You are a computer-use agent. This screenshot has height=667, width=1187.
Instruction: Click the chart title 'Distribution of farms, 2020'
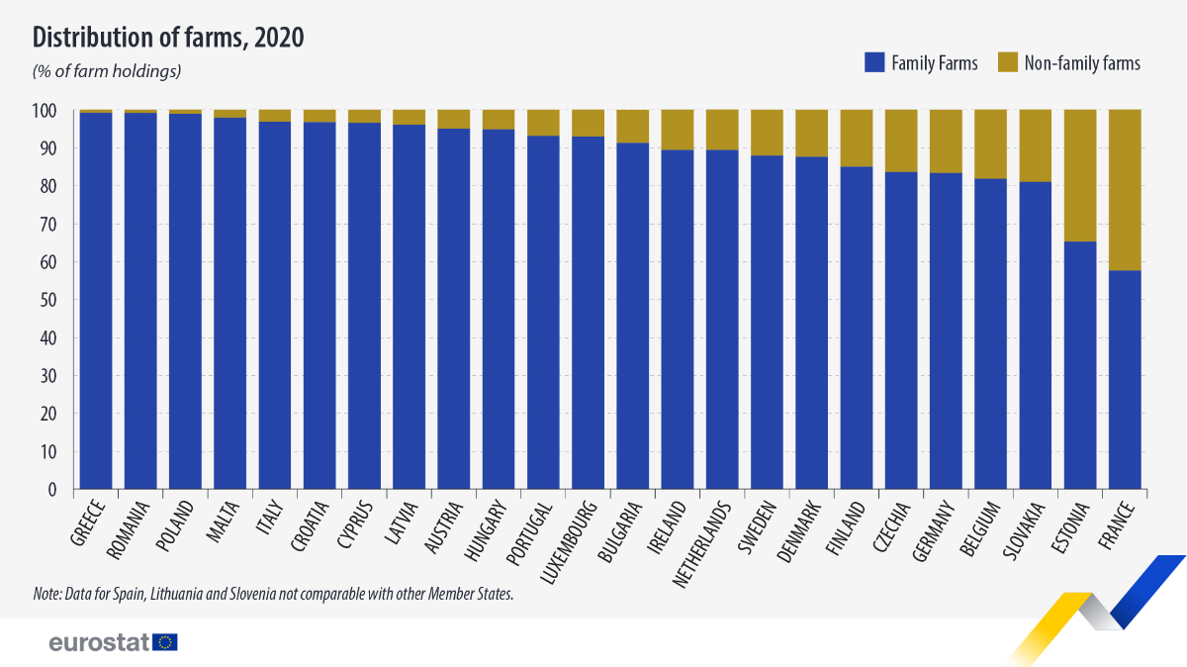point(168,38)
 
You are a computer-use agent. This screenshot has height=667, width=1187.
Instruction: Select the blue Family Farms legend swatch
point(873,62)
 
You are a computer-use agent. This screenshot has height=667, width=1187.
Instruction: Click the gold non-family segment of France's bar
point(1125,189)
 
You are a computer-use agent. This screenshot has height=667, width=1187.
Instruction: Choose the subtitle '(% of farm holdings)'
point(107,71)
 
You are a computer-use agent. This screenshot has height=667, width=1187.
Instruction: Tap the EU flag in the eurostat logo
point(166,642)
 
